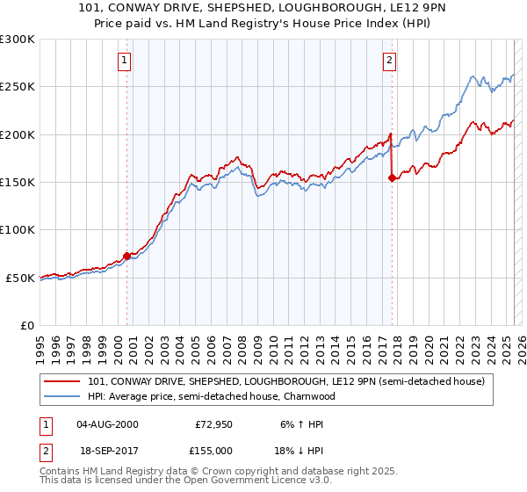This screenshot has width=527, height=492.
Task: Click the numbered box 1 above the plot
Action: coord(125,61)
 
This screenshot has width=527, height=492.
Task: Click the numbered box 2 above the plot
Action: coord(388,61)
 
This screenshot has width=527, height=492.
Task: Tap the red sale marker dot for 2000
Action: coord(126,256)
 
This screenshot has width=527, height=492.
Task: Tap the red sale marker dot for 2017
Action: coord(393,177)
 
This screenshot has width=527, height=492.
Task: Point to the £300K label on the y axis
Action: coord(18,40)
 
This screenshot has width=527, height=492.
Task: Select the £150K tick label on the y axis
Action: coord(18,182)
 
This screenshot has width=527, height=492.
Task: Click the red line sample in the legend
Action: coord(61,381)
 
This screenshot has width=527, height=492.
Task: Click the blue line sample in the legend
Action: coord(61,396)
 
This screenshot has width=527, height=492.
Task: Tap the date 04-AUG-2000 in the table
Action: coord(107,424)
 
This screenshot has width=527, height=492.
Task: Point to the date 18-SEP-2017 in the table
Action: coord(107,450)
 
